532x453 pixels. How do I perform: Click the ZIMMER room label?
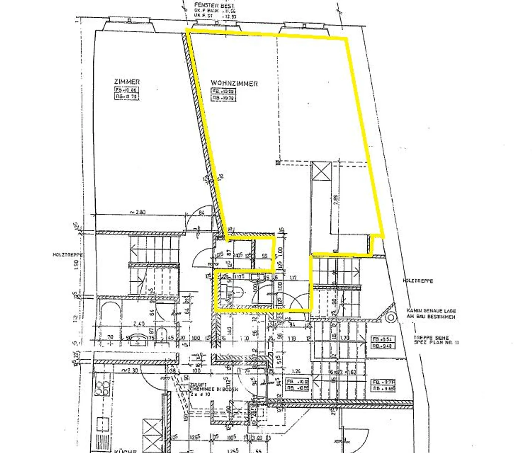pyautogui.click(x=127, y=82)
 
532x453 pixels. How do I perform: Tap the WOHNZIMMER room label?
pyautogui.click(x=234, y=83)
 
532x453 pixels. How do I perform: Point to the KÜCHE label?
pyautogui.click(x=125, y=451)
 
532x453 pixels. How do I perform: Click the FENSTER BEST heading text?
pyautogui.click(x=214, y=6)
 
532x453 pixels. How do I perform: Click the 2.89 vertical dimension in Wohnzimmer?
pyautogui.click(x=335, y=200)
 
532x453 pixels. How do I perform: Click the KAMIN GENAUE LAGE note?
pyautogui.click(x=431, y=314)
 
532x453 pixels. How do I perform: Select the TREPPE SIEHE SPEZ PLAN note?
pyautogui.click(x=436, y=340)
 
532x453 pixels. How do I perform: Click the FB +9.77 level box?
pyautogui.click(x=383, y=385)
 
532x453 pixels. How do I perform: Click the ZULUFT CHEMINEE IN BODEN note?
pyautogui.click(x=214, y=389)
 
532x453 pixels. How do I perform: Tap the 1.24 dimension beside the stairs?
pyautogui.click(x=296, y=371)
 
